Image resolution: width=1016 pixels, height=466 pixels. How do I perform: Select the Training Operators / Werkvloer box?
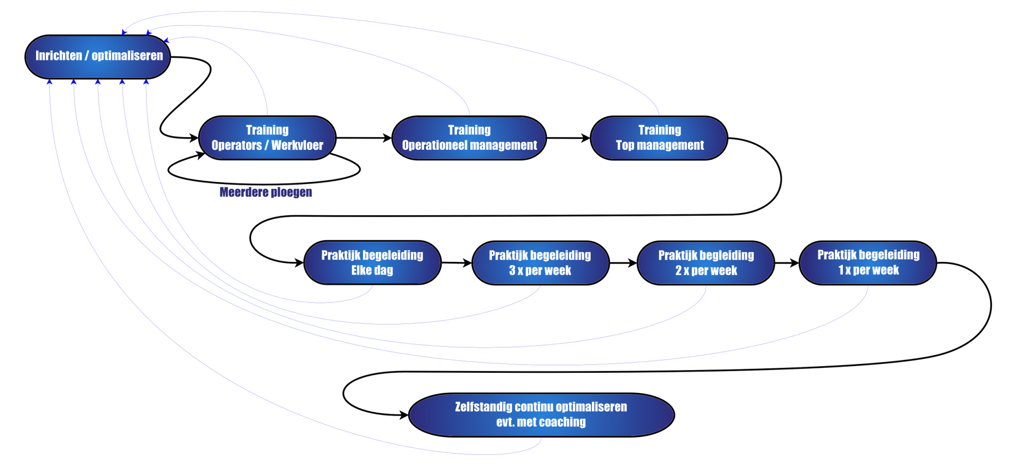pyautogui.click(x=267, y=138)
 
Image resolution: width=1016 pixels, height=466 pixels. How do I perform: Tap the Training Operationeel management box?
pyautogui.click(x=469, y=138)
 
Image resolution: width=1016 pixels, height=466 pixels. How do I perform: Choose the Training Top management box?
pyautogui.click(x=659, y=138)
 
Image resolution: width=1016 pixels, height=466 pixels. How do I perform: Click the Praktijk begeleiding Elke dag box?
pyautogui.click(x=372, y=263)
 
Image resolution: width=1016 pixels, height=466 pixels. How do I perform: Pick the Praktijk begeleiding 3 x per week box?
pyautogui.click(x=540, y=263)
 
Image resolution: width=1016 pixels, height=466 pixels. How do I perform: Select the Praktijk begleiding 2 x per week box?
pyautogui.click(x=706, y=263)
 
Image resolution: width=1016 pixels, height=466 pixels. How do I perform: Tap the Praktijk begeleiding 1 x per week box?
pyautogui.click(x=868, y=262)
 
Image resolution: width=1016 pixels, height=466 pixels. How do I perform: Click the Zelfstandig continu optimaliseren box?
pyautogui.click(x=541, y=414)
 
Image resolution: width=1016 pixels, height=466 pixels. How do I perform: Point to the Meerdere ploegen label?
pyautogui.click(x=266, y=193)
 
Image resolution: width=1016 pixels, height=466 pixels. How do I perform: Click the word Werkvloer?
pyautogui.click(x=297, y=145)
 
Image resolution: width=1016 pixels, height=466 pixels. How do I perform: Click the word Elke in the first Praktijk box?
pyautogui.click(x=361, y=271)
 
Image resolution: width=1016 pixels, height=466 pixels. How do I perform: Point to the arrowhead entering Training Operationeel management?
pyautogui.click(x=388, y=138)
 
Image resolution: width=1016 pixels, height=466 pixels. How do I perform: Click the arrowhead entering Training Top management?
pyautogui.click(x=585, y=138)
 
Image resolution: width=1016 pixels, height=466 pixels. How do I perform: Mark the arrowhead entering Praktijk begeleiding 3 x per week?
pyautogui.click(x=467, y=262)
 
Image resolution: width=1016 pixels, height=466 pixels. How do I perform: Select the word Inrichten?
pyautogui.click(x=58, y=55)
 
